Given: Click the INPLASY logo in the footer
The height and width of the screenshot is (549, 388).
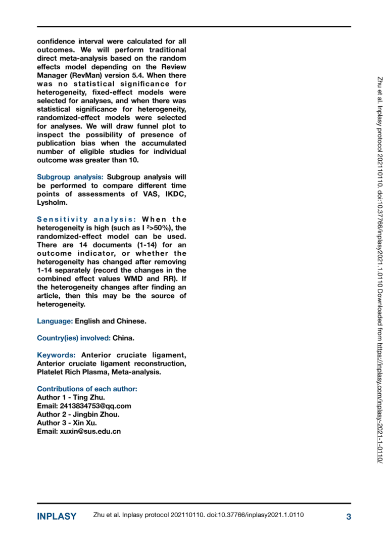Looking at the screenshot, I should (x=57, y=517).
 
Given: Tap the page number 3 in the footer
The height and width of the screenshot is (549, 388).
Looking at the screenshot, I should (x=348, y=517).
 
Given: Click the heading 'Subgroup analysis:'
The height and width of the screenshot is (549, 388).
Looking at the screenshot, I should (x=70, y=177).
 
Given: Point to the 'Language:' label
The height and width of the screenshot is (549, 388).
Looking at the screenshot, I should (x=55, y=321).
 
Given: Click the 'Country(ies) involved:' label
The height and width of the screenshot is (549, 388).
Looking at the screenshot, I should (x=74, y=338).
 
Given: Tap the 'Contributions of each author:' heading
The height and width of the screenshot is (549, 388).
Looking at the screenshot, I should (x=87, y=389).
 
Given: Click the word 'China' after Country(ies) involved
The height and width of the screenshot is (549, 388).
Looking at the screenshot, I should (x=123, y=338).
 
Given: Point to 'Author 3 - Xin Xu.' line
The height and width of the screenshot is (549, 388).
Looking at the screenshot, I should (x=67, y=423).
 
